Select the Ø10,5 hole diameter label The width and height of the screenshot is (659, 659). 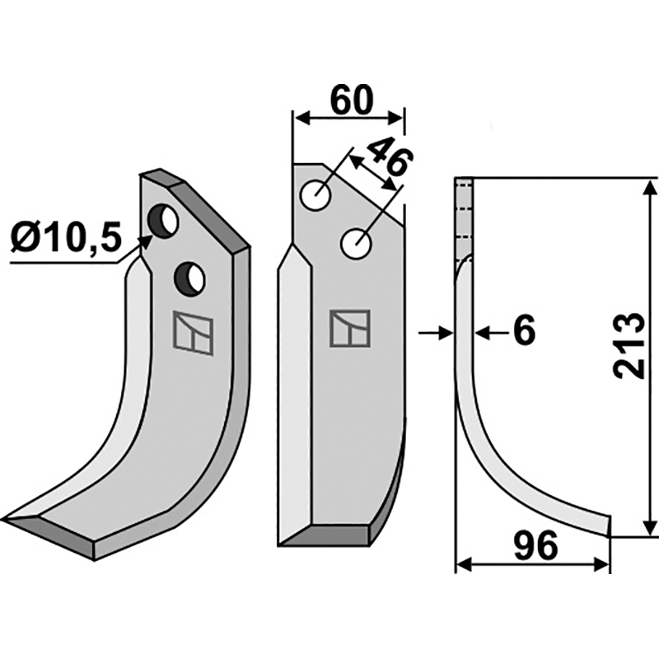tap(66, 236)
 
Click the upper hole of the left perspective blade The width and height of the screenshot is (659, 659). tap(164, 221)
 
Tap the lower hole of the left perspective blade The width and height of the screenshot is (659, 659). tap(190, 278)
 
